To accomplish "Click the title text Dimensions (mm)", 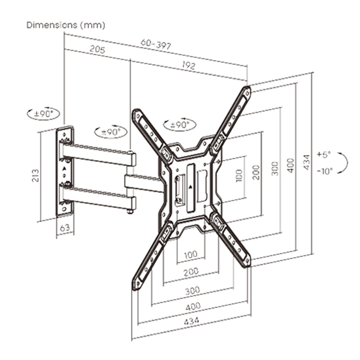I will (x=66, y=25).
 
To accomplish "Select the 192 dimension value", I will (x=188, y=66).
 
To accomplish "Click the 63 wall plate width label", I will (x=65, y=228).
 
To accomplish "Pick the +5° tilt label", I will (x=324, y=154).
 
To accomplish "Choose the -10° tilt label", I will (x=324, y=170).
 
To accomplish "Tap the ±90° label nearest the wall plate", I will (x=44, y=114).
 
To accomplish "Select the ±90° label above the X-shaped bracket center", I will (x=179, y=125).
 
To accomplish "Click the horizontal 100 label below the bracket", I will (x=190, y=255).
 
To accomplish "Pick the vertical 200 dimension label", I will (x=256, y=172).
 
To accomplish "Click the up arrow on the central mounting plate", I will (x=190, y=186).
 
